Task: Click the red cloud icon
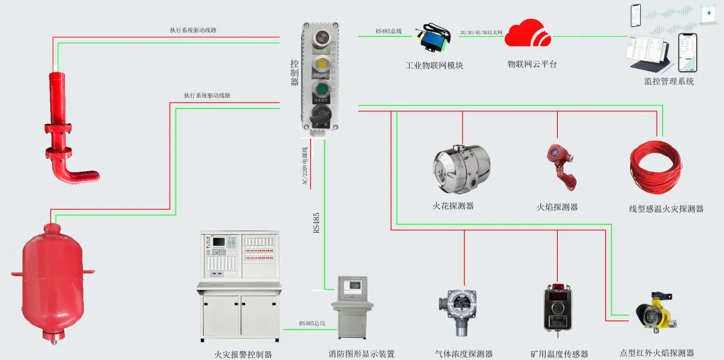(528, 33)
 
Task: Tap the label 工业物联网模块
(434, 66)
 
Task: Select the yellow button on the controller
(321, 64)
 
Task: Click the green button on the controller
(321, 89)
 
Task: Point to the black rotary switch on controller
(321, 114)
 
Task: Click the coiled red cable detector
(655, 167)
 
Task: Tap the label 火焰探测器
(557, 207)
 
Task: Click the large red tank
(53, 276)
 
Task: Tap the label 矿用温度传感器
(559, 354)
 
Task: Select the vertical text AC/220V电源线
(306, 167)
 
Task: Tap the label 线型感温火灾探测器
(666, 208)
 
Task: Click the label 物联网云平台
(532, 64)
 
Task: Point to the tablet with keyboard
(648, 56)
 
